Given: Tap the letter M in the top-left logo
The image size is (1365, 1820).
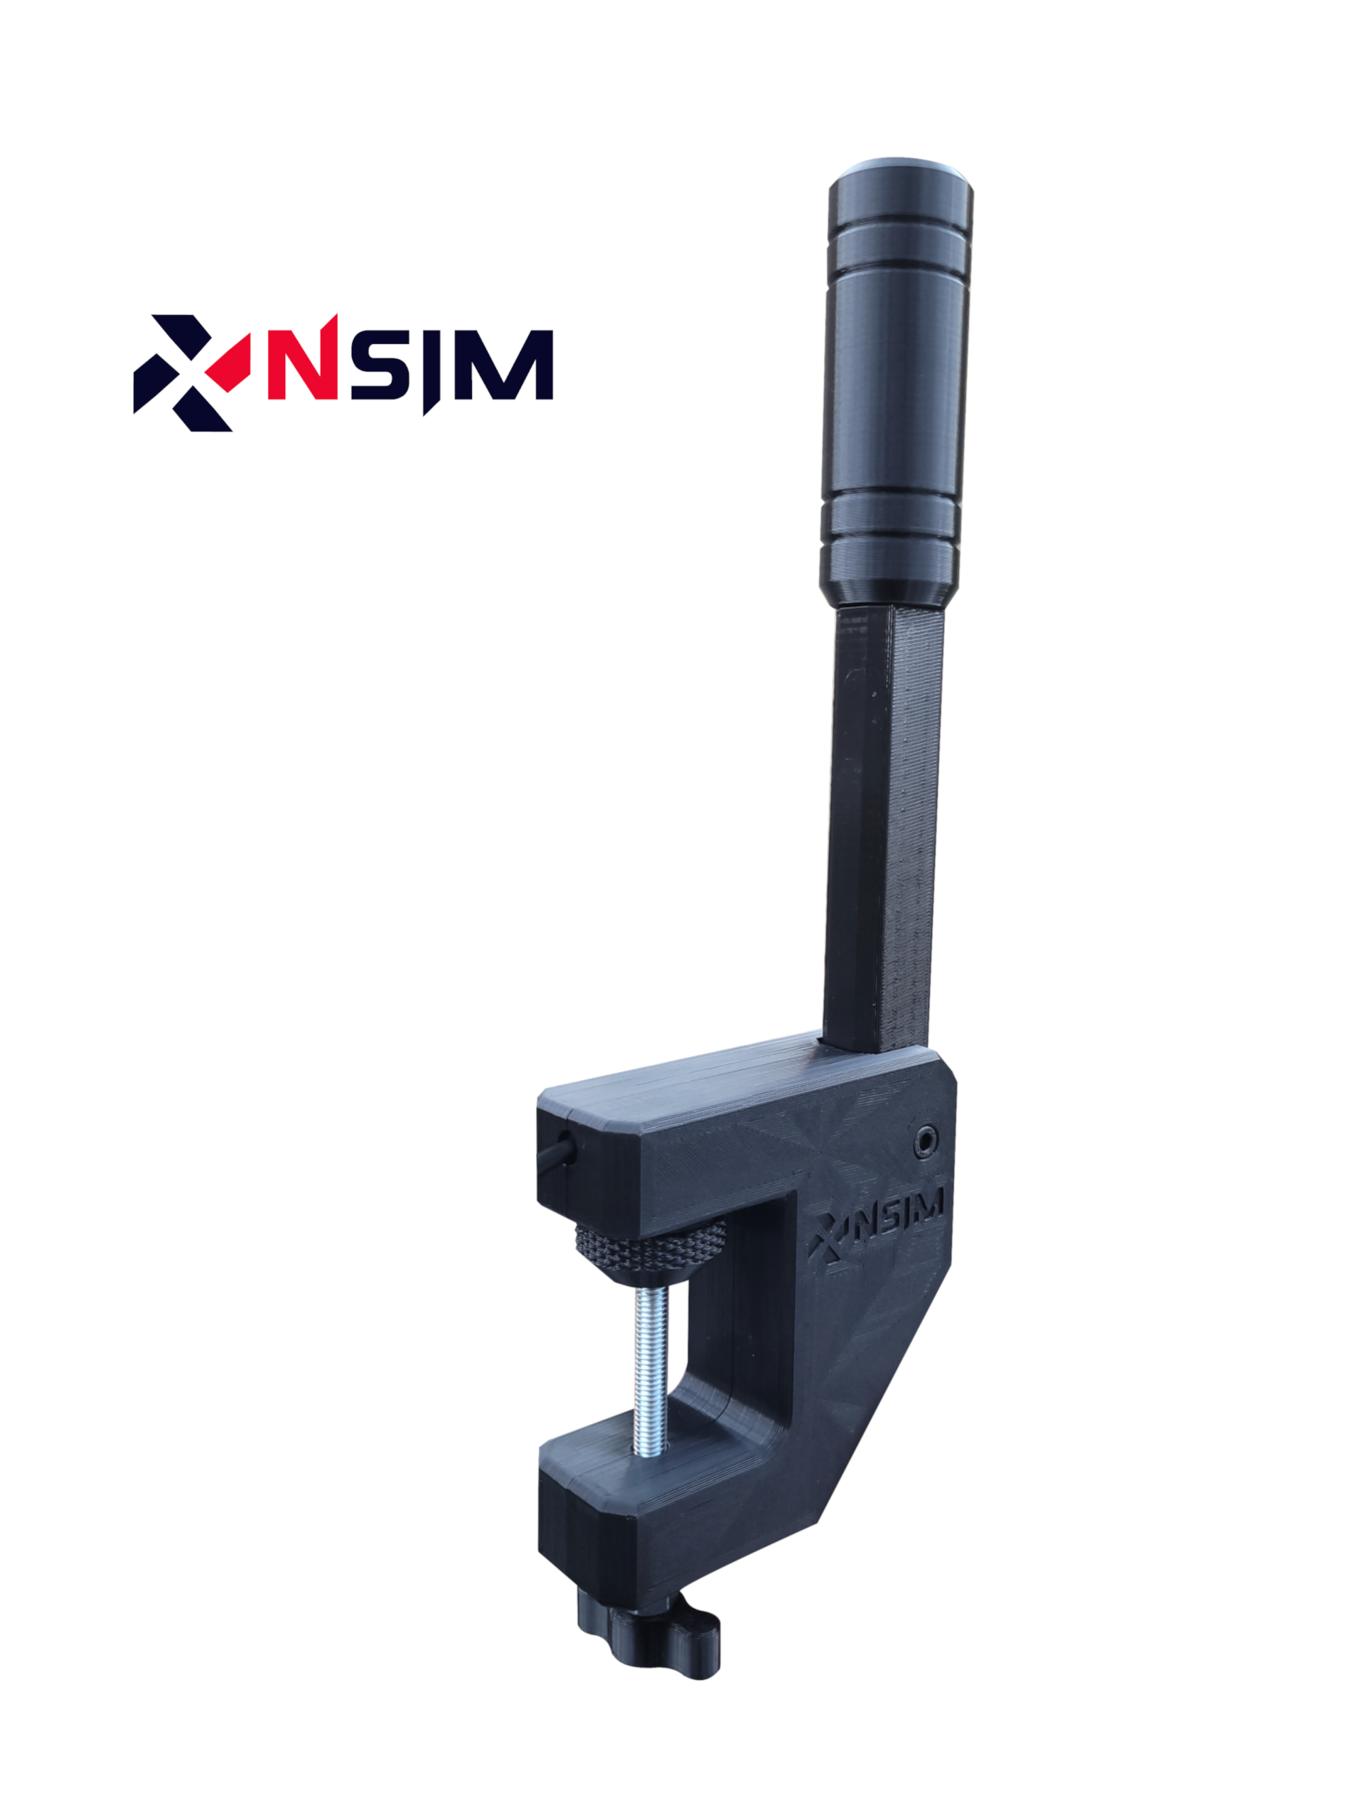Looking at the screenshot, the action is (x=503, y=365).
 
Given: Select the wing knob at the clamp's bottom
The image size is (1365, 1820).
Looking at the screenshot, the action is (x=648, y=1633).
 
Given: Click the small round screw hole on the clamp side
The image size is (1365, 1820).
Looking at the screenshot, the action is (x=926, y=1140).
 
